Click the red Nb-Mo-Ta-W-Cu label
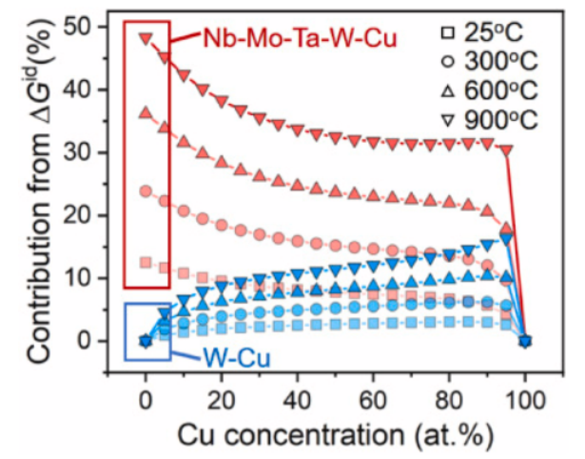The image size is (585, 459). (299, 39)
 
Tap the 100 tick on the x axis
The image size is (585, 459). (525, 396)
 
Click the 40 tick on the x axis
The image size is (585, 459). (298, 396)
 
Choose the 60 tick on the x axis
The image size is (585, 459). (374, 396)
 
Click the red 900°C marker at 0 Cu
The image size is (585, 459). (146, 39)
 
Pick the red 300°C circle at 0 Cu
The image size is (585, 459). (146, 190)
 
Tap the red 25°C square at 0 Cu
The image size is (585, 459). (146, 262)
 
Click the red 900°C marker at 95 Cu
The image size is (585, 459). (506, 150)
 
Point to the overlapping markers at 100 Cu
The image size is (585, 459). (525, 340)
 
